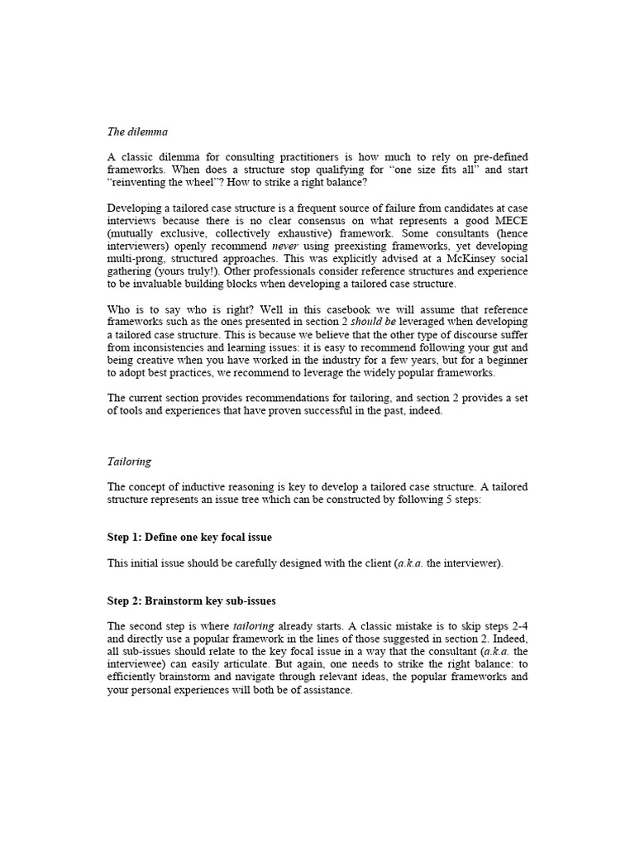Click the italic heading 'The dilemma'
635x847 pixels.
[x=137, y=132]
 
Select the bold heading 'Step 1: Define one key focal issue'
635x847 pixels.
[x=189, y=537]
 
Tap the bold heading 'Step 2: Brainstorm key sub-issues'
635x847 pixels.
[x=191, y=601]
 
